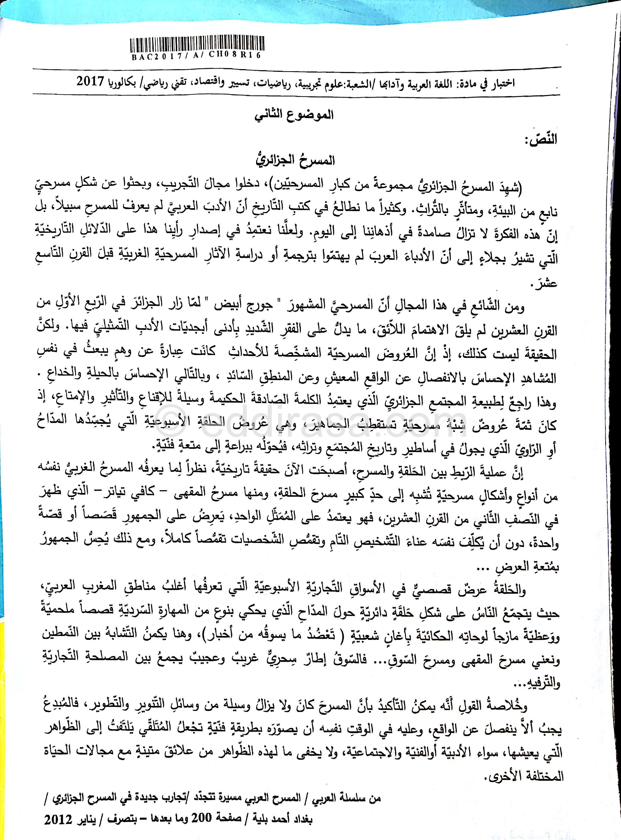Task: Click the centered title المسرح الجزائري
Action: (295, 161)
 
